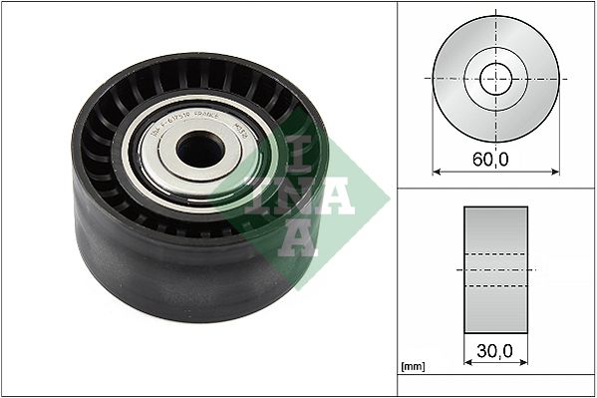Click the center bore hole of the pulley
point(200,150)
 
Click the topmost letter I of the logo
point(305,152)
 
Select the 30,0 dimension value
point(495,352)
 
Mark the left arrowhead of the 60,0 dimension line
point(436,172)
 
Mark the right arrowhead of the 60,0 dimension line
point(556,172)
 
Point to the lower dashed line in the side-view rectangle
point(495,286)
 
